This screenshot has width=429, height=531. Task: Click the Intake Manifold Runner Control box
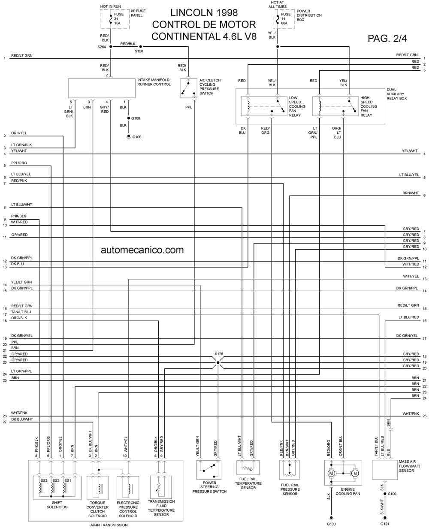[x=102, y=88]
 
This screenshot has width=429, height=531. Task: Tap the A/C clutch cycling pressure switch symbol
[x=188, y=88]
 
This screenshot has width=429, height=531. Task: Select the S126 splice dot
[x=218, y=362]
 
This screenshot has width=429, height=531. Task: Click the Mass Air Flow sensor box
[x=384, y=470]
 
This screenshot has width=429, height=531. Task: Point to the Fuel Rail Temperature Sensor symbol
[x=248, y=467]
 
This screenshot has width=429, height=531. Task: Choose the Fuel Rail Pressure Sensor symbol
[x=289, y=470]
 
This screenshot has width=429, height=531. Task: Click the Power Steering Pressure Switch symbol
[x=208, y=469]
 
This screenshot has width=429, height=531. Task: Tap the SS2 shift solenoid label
[x=56, y=480]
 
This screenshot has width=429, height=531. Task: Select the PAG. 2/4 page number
[x=387, y=39]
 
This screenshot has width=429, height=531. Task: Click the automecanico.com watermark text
[x=142, y=250]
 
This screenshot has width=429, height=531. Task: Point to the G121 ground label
[x=385, y=524]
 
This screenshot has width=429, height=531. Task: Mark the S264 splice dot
[x=111, y=47]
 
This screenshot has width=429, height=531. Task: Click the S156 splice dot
[x=140, y=47]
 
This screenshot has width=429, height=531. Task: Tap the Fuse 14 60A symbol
[x=278, y=19]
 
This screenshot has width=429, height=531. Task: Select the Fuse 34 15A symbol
[x=111, y=19]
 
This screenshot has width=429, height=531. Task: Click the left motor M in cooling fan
[x=331, y=473]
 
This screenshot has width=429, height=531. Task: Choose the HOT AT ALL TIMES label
[x=278, y=4]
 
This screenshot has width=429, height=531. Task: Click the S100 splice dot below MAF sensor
[x=385, y=494]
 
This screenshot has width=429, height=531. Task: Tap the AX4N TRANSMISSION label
[x=109, y=525]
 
